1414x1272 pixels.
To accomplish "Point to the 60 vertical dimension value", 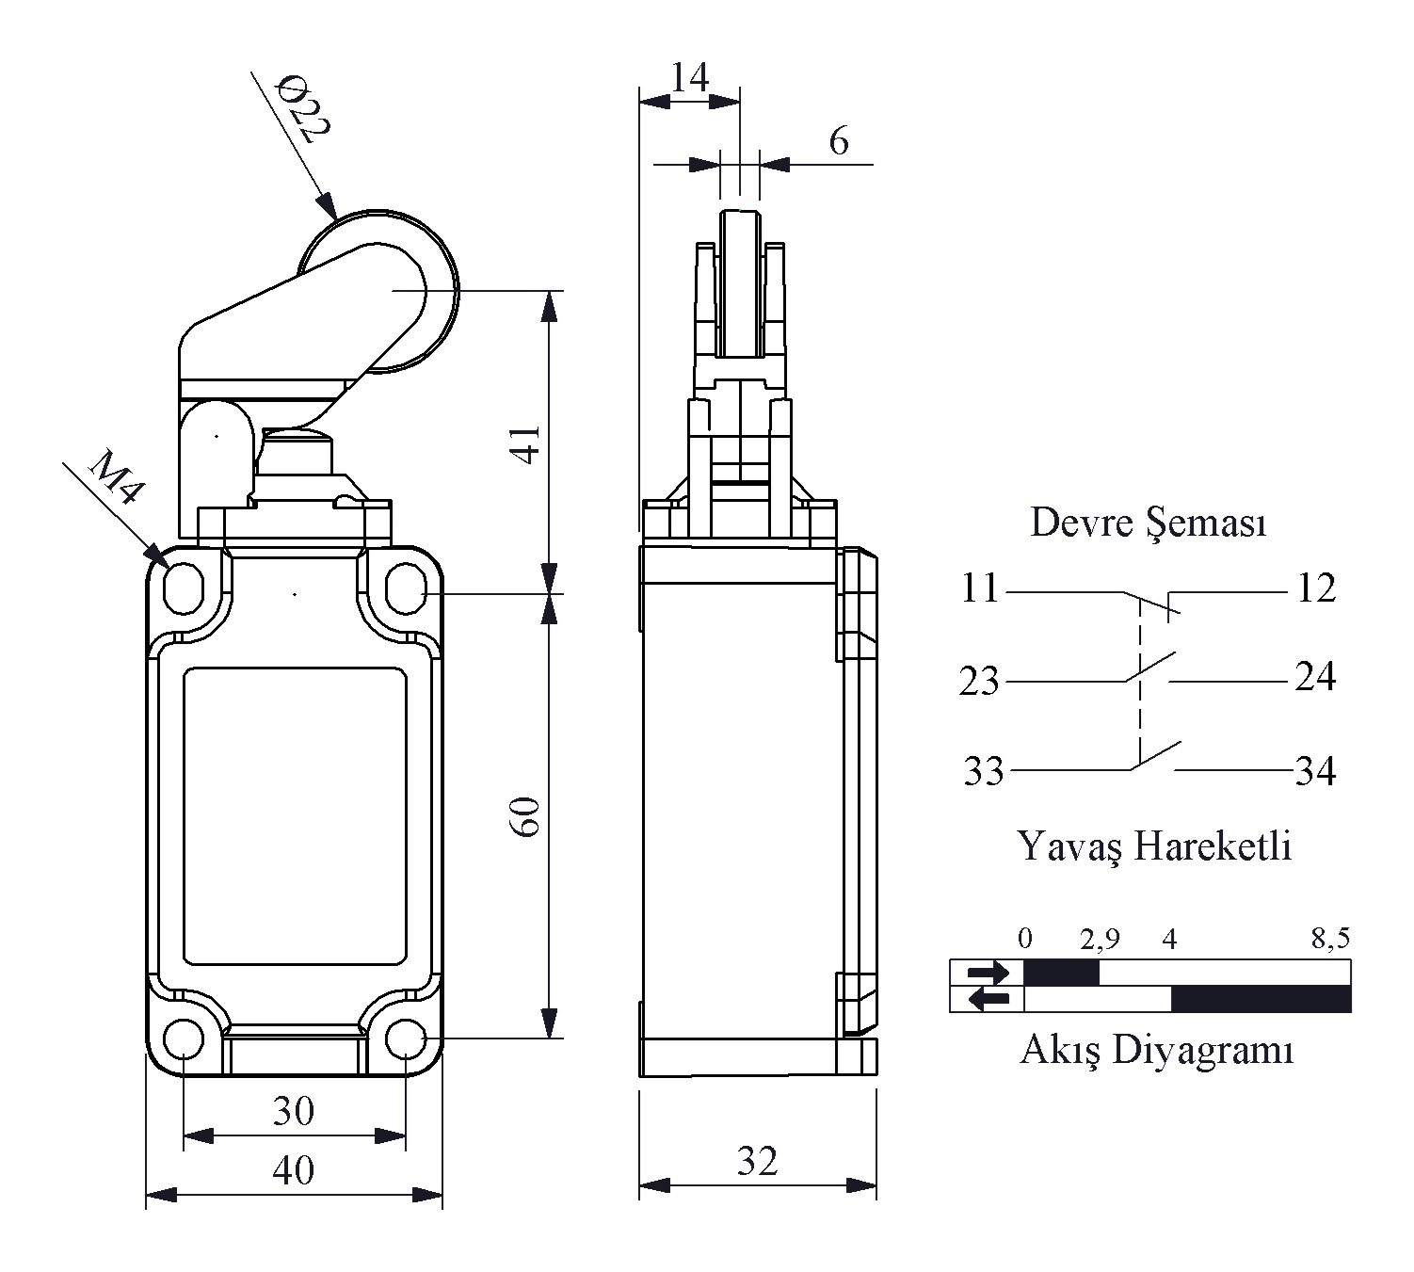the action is pos(528,815).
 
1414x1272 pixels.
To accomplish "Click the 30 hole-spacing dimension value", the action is pos(293,1112).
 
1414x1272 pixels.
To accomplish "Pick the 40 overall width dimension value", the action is pos(293,1170).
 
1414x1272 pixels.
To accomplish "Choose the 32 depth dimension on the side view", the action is pos(758,1161).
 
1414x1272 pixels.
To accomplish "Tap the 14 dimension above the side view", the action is pos(689,77).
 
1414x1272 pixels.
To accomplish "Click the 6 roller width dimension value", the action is pos(838,142).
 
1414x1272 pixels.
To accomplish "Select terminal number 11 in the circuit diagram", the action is pos(980,588).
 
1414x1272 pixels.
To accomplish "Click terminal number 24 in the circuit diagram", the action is pos(1315,677).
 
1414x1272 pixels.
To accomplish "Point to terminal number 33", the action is pos(984,771).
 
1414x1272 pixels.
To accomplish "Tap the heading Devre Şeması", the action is pos(1149,523).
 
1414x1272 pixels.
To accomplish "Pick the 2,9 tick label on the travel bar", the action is pos(1100,940).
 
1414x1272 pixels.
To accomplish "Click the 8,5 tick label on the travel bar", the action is pos(1330,939).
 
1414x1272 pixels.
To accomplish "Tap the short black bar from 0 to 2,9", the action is pos(1061,973).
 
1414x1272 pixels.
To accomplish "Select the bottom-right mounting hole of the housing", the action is pos(406,1039).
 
